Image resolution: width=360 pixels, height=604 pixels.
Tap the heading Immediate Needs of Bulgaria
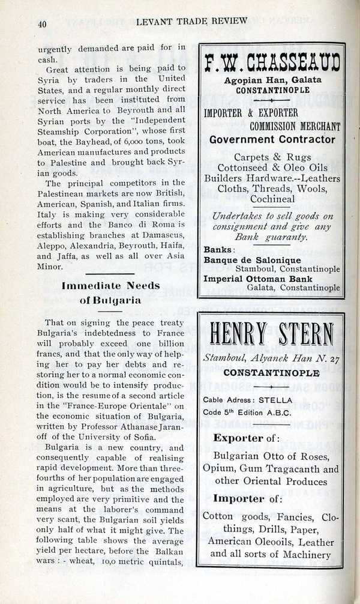[111, 292]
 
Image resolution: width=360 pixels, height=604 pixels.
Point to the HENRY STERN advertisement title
[271, 335]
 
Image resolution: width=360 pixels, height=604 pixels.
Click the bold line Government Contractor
[272, 140]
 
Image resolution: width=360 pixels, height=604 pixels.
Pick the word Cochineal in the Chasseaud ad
[272, 199]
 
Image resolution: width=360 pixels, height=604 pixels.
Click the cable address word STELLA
[277, 400]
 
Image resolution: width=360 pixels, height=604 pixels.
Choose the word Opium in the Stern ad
[220, 469]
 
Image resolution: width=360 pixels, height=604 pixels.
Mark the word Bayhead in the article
[103, 142]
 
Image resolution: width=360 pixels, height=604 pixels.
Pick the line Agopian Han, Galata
[272, 80]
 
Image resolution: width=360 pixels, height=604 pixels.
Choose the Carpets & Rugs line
[272, 157]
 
